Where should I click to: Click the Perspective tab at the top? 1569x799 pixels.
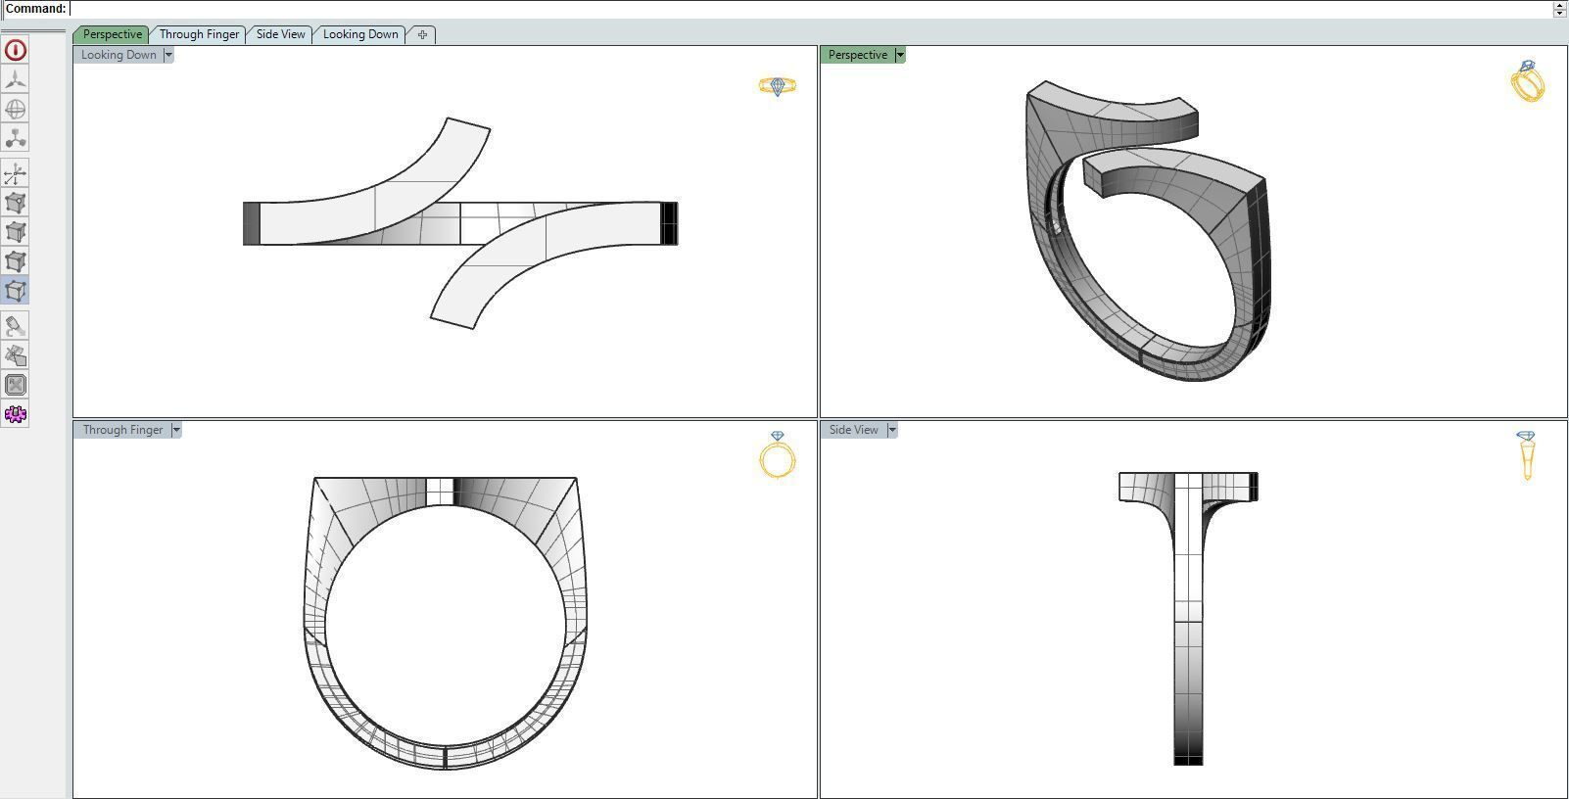coord(112,34)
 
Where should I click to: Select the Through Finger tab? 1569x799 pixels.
coord(199,34)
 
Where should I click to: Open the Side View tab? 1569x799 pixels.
coord(280,34)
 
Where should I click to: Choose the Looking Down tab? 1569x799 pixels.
coord(359,34)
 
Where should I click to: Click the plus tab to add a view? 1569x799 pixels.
coord(422,34)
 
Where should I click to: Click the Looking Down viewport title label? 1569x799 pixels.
coord(119,55)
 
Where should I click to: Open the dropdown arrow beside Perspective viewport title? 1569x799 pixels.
coord(900,55)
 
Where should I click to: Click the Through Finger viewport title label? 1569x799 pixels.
coord(122,430)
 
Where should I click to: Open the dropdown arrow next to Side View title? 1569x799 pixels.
coord(892,430)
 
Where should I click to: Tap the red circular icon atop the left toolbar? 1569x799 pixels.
coord(16,50)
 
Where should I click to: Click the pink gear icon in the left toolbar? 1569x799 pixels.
coord(16,414)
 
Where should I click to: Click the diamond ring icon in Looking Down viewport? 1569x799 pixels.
coord(778,87)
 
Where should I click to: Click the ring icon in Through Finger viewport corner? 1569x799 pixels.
coord(778,455)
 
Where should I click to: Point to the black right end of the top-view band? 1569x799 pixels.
coord(669,223)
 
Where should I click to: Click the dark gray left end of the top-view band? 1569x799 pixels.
coord(251,223)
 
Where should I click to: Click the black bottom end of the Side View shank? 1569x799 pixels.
coord(1188,757)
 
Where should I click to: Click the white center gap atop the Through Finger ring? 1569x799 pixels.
coord(440,491)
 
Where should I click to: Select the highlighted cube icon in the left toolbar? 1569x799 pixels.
coord(16,291)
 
